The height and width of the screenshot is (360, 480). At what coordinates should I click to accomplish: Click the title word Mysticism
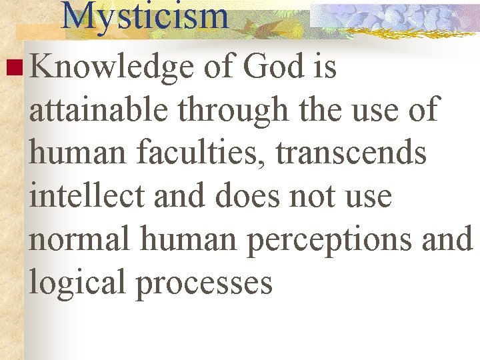pos(145,16)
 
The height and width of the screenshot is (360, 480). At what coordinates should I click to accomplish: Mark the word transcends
pos(351,153)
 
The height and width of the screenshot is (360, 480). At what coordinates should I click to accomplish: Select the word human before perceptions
pos(188,239)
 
